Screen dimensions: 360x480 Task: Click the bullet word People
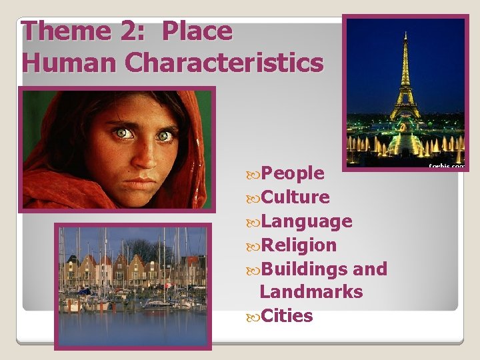coord(293,173)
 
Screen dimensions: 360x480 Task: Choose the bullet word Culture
coord(295,197)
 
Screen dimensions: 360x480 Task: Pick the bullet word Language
coord(307,221)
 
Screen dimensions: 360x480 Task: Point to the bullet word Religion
coord(299,245)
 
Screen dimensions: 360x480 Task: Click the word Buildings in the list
coord(307,269)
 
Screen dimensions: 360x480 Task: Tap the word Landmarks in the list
coord(311,292)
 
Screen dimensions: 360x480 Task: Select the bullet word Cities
coord(287,316)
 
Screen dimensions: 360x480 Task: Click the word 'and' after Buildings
coord(371,269)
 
